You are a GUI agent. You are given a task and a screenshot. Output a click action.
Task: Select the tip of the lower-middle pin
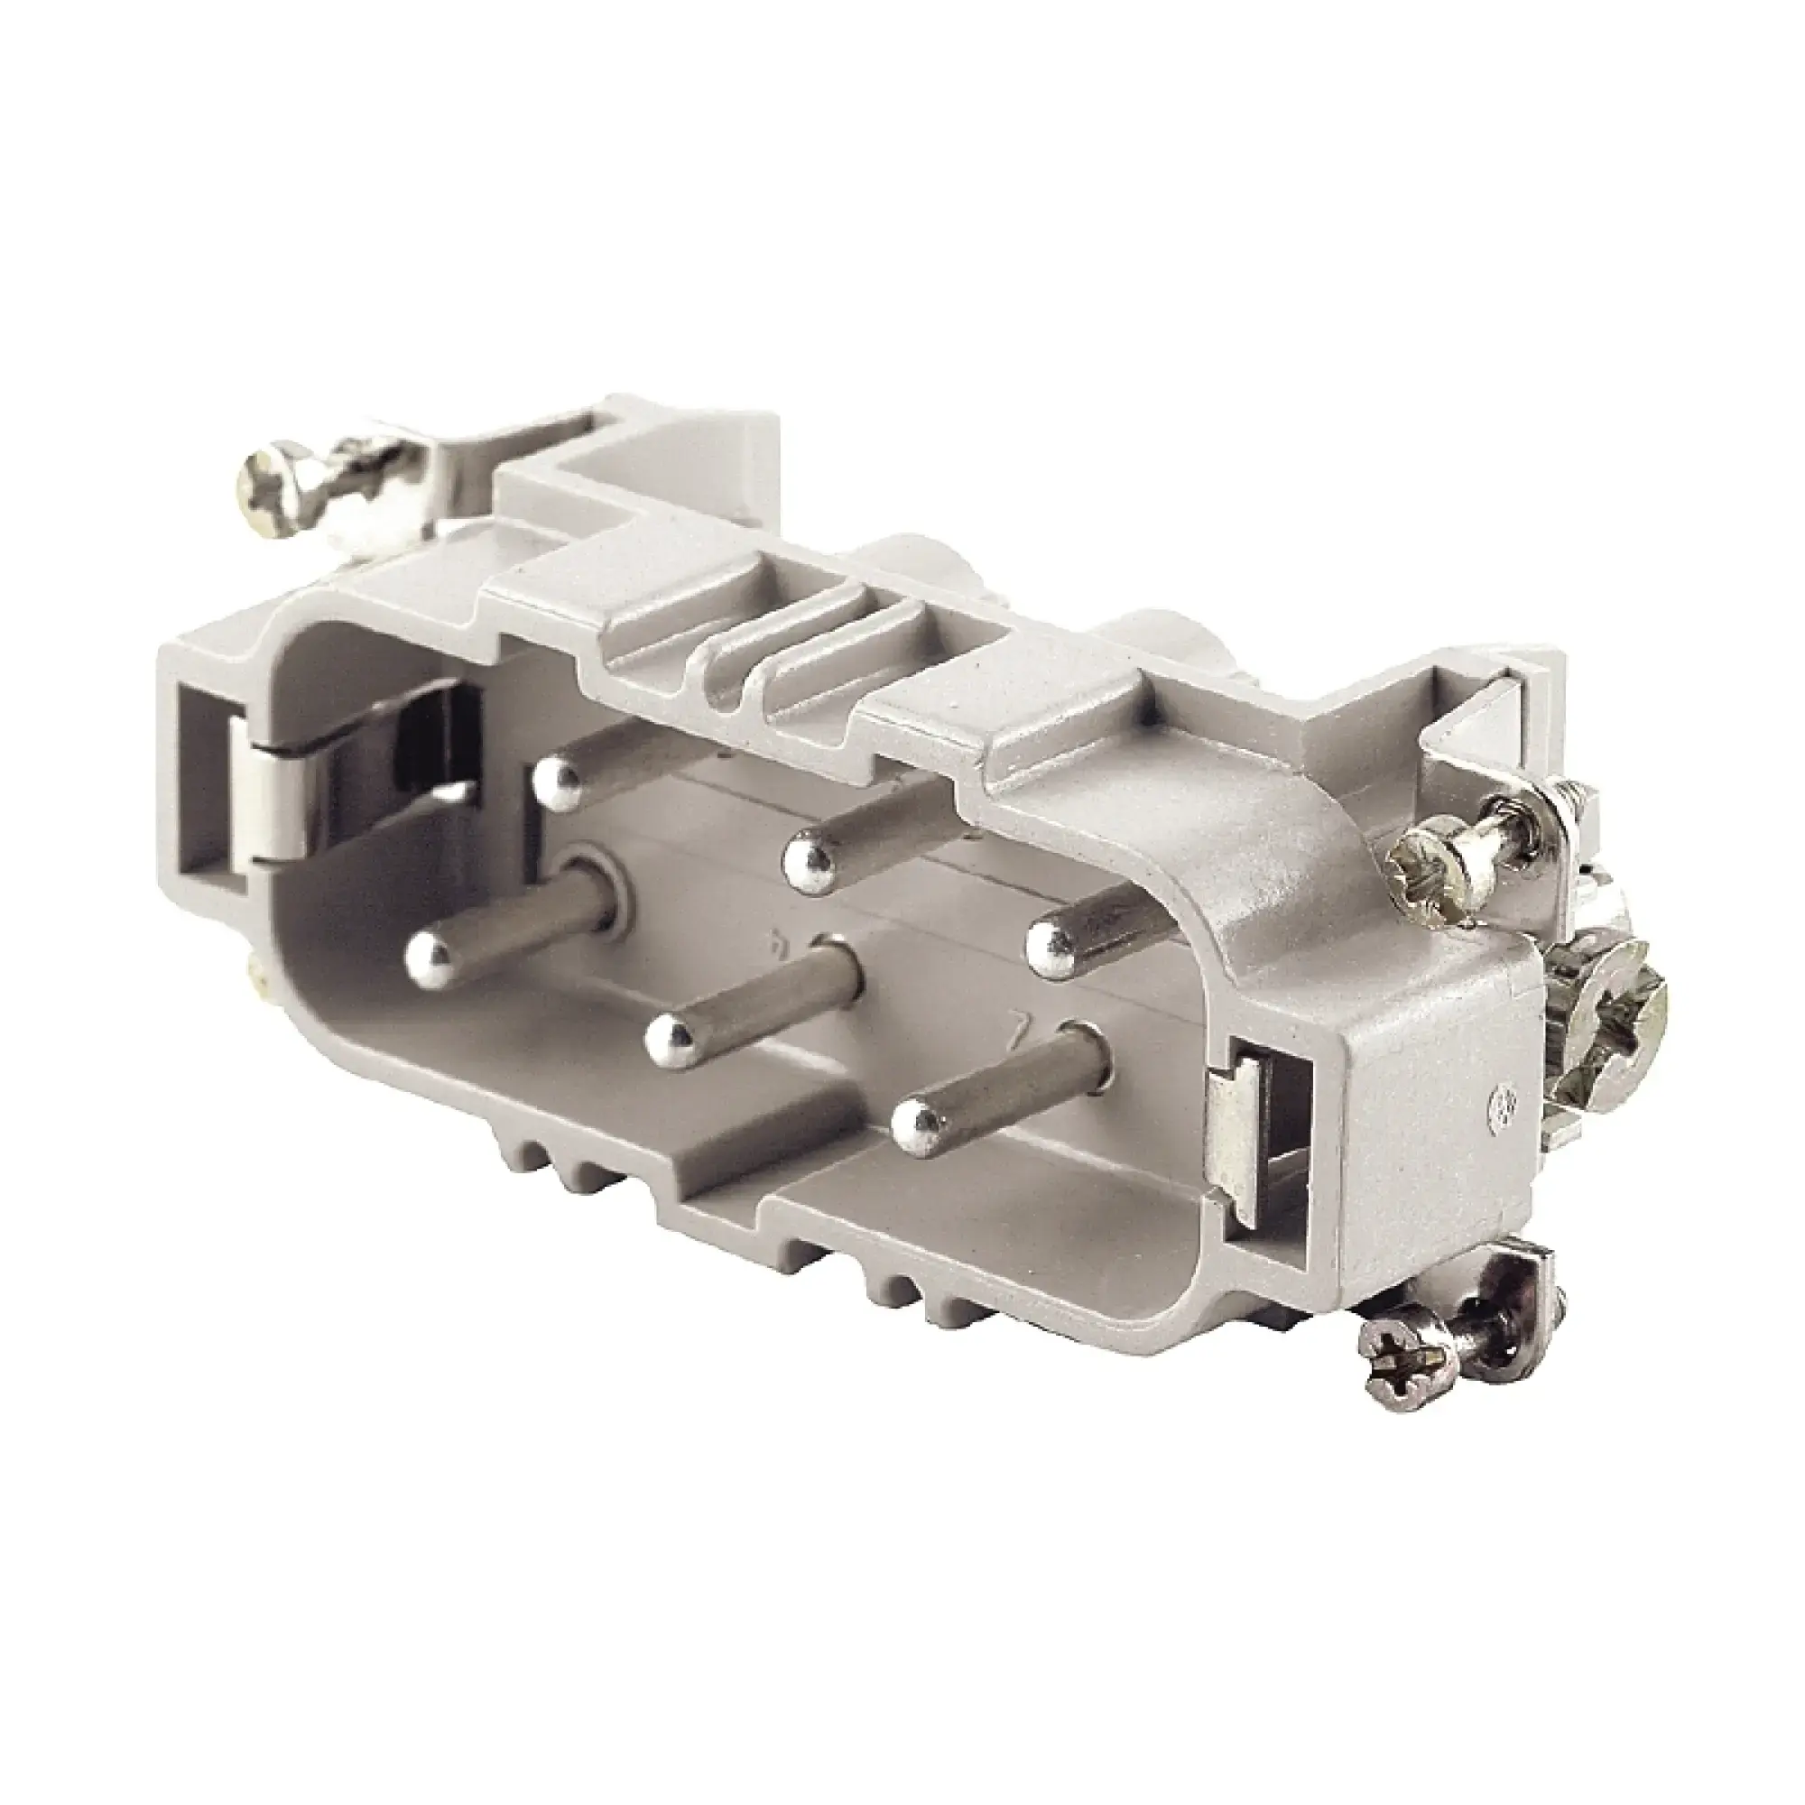(671, 1037)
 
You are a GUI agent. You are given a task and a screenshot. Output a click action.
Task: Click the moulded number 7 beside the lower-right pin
(1027, 1032)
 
